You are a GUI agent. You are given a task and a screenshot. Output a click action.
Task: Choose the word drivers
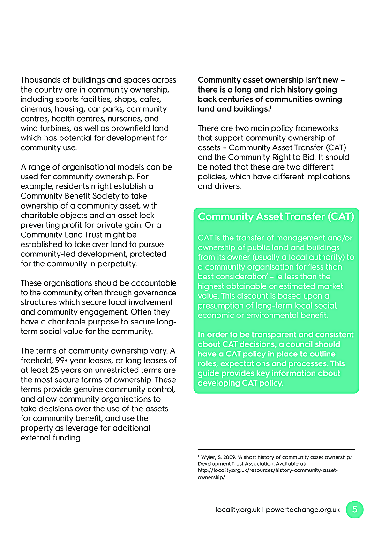(225, 186)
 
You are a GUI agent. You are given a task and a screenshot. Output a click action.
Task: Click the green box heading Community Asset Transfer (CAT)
(276, 217)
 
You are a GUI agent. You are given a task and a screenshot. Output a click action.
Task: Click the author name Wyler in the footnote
(208, 457)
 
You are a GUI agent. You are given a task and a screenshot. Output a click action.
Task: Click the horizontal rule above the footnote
(276, 450)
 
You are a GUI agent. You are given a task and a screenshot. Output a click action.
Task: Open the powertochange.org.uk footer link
(303, 510)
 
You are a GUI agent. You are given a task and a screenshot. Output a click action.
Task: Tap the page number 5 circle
(355, 510)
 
